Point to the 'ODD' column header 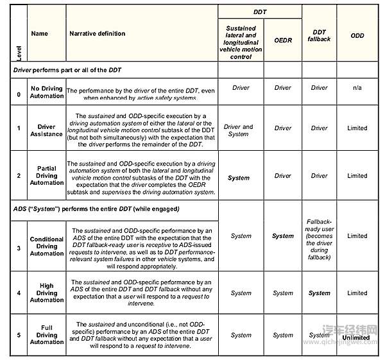(x=357, y=36)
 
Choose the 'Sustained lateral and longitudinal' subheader (x=241, y=42)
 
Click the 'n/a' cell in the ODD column (x=357, y=88)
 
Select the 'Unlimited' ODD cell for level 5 (x=356, y=337)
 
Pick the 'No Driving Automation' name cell (x=47, y=92)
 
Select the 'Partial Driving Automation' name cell (x=47, y=176)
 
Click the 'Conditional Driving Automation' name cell (x=47, y=246)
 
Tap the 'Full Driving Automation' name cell (x=47, y=334)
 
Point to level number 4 (x=19, y=293)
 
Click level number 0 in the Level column (x=19, y=94)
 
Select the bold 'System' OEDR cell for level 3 (x=282, y=236)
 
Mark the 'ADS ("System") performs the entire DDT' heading (x=96, y=209)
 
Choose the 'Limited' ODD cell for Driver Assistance (x=357, y=128)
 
